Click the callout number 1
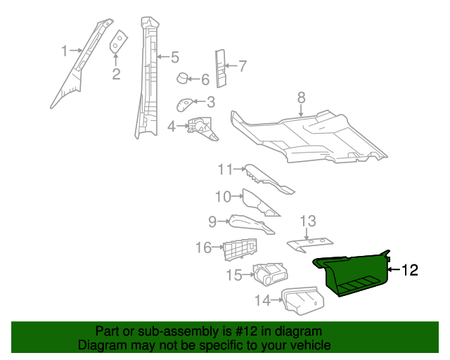pyautogui.click(x=64, y=51)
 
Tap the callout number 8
pyautogui.click(x=301, y=97)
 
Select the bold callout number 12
pyautogui.click(x=409, y=270)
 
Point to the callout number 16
pyautogui.click(x=203, y=247)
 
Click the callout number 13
pyautogui.click(x=308, y=221)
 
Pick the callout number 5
pyautogui.click(x=174, y=57)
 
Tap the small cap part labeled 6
pyautogui.click(x=181, y=78)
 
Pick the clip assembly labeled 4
pyautogui.click(x=202, y=127)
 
